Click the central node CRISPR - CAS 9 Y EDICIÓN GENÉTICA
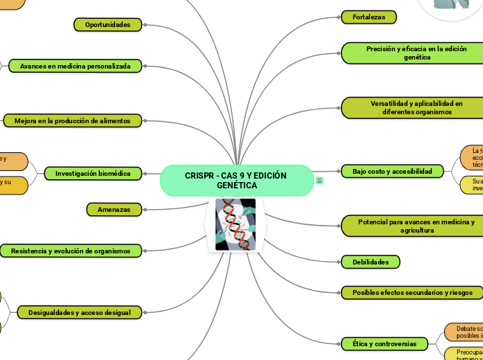point(236,181)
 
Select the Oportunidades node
point(107,25)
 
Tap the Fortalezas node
point(369,17)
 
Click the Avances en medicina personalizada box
point(75,66)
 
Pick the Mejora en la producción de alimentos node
point(73,120)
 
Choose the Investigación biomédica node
point(93,173)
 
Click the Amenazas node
point(114,209)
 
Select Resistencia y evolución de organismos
point(71,251)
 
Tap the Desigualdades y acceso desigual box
point(80,313)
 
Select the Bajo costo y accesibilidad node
point(392,171)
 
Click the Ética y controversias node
point(385,343)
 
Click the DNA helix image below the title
point(236,224)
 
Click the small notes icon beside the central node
point(319,181)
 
